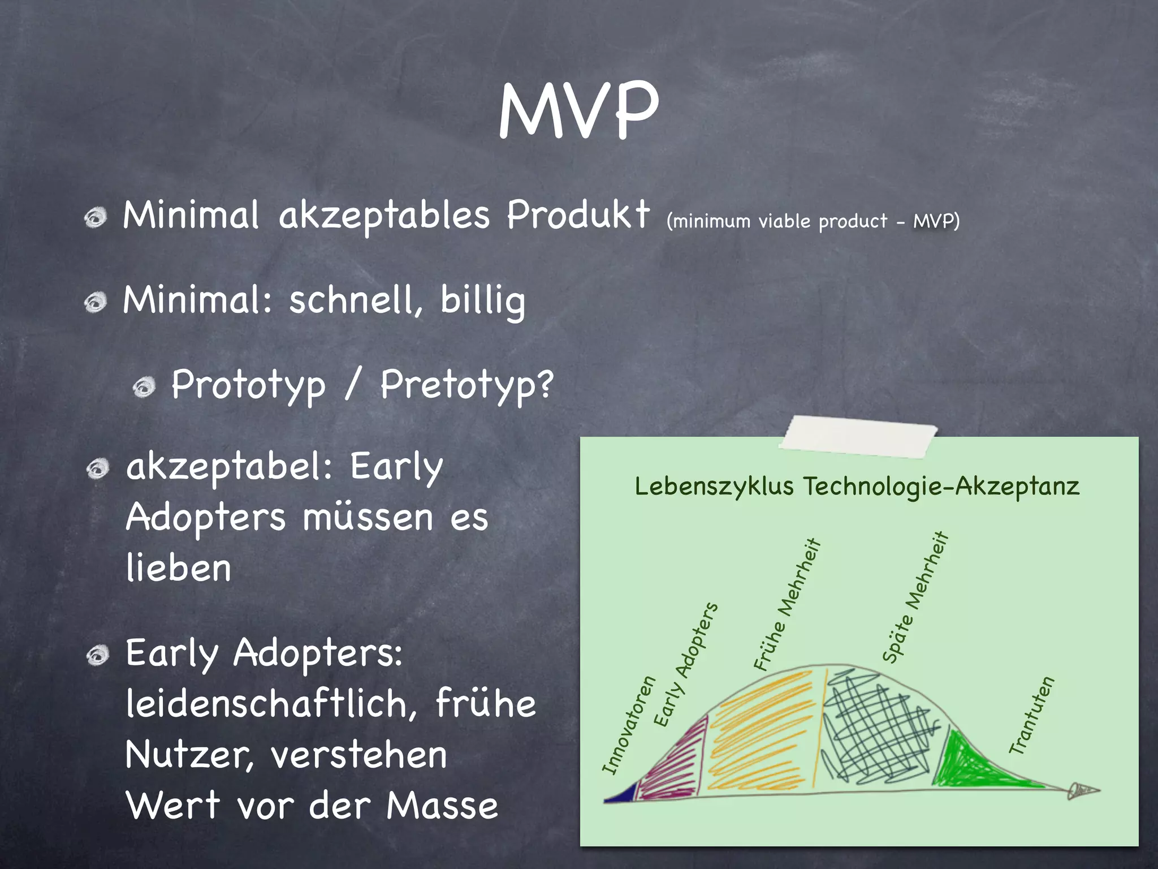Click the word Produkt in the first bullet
click(578, 216)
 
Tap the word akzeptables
click(384, 217)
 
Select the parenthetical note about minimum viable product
click(813, 221)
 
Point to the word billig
click(482, 300)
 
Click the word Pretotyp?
click(466, 385)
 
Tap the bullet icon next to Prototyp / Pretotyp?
click(144, 387)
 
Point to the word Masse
click(442, 806)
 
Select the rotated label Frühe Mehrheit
click(787, 604)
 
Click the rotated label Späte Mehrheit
click(915, 597)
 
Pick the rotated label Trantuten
click(1032, 715)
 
